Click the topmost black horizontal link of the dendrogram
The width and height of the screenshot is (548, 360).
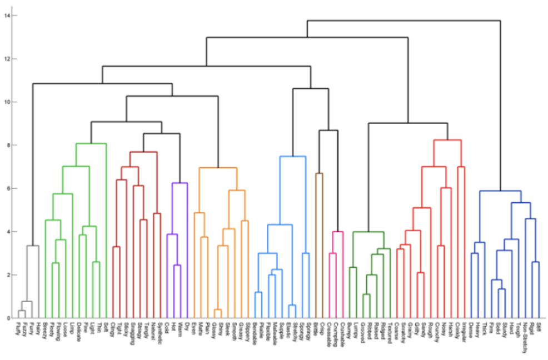(x=403, y=21)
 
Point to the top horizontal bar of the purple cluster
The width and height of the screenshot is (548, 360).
(x=180, y=183)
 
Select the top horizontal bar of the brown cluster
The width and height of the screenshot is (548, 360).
(x=319, y=173)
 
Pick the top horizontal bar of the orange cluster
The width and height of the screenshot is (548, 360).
(x=218, y=168)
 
